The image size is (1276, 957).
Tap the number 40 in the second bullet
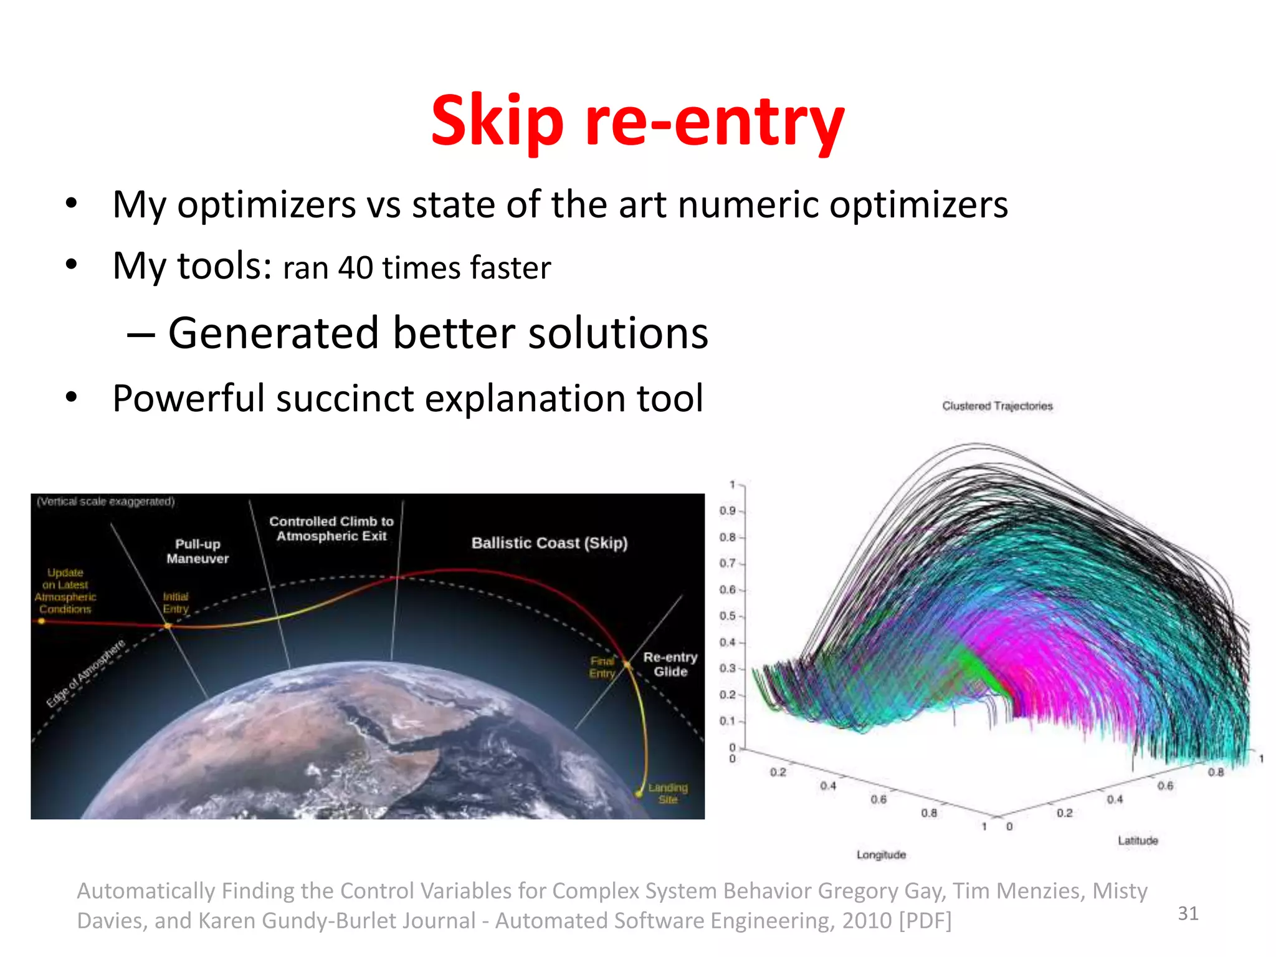[x=355, y=268]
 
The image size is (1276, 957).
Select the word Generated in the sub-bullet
[x=273, y=333]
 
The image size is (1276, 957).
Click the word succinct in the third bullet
[x=345, y=399]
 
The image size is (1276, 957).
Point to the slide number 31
[x=1188, y=913]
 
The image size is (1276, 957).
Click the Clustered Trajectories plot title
[x=997, y=406]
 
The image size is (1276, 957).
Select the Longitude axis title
[x=880, y=855]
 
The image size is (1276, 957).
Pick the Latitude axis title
[x=1137, y=840]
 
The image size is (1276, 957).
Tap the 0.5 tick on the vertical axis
[x=727, y=616]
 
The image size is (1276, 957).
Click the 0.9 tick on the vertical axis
[x=727, y=511]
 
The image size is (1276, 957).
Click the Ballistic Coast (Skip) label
[x=549, y=543]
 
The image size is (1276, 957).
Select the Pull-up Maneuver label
[x=198, y=551]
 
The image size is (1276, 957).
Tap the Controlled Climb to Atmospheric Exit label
[x=331, y=528]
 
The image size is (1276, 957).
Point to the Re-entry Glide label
[x=670, y=664]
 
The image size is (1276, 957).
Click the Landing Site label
[x=667, y=793]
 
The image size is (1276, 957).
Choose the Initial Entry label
[x=175, y=602]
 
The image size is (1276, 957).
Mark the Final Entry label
[x=602, y=667]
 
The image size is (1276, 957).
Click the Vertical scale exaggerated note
[x=105, y=502]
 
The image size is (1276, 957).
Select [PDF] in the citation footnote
[x=925, y=921]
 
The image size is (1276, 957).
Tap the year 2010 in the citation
[x=867, y=921]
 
